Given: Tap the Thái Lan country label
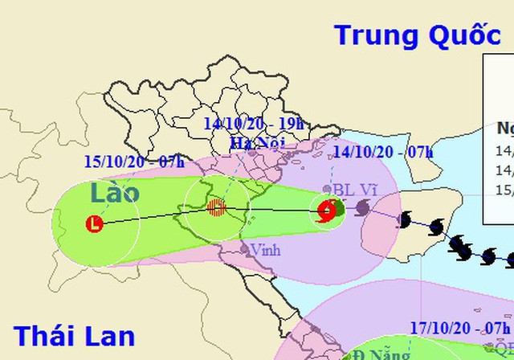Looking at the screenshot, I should tap(75, 335).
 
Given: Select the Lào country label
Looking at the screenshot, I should tap(114, 193).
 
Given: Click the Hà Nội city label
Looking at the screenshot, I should tap(252, 143).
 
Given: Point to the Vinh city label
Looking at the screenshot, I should tap(265, 250).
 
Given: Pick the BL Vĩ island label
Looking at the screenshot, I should tap(355, 190).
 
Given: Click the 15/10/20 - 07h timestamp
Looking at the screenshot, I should tap(134, 161).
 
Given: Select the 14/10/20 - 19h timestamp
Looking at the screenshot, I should tap(254, 123).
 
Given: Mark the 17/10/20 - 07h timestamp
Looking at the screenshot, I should tap(460, 329).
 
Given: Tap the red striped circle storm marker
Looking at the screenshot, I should tap(215, 209).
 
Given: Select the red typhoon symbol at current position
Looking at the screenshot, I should tap(326, 213).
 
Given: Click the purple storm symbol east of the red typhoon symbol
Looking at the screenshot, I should tap(362, 209).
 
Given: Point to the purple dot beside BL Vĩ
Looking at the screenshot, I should tap(327, 189).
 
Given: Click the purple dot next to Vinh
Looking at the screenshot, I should tap(247, 248).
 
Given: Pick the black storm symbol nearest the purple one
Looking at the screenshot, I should tap(405, 219).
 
